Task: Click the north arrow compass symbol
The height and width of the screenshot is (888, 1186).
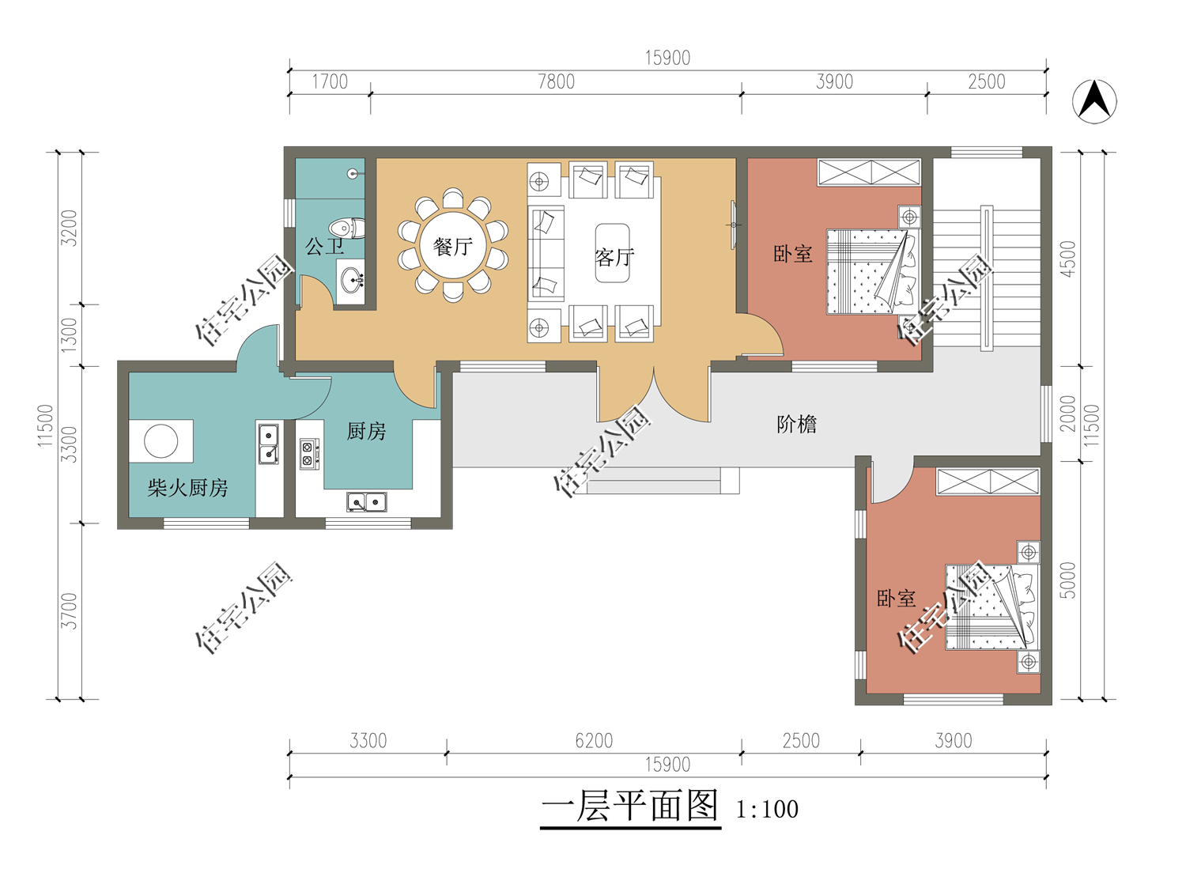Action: click(1094, 101)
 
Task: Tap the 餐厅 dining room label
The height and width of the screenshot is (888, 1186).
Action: click(453, 247)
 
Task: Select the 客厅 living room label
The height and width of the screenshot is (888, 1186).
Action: click(614, 258)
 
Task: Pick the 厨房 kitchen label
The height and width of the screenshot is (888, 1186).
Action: click(366, 431)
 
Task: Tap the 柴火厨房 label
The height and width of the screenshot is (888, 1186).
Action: click(187, 488)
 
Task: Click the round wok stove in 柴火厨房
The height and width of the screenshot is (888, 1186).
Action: click(161, 440)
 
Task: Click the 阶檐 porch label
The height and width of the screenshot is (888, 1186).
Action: click(796, 425)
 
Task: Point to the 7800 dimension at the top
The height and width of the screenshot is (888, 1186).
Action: click(556, 81)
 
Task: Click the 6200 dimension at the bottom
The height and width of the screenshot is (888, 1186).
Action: click(594, 741)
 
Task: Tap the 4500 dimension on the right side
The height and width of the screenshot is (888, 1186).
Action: click(1068, 259)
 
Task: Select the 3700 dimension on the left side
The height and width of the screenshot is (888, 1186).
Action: click(69, 611)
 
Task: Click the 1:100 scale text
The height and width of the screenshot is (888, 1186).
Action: click(767, 810)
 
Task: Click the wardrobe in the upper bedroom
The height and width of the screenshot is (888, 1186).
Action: click(869, 173)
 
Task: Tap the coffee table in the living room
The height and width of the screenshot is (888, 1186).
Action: click(613, 253)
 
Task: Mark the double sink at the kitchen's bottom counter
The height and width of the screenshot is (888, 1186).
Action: click(366, 502)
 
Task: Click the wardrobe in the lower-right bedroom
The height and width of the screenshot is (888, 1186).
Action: click(988, 482)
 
